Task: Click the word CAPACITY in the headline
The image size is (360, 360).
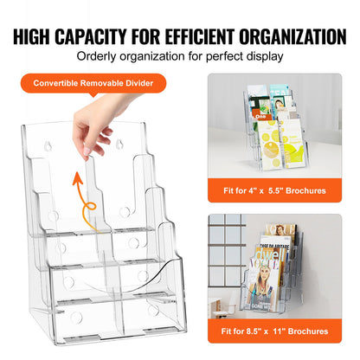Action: click(109, 36)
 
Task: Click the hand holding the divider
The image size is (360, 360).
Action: click(93, 128)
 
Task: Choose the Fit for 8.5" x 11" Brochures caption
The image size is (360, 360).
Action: click(283, 331)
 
